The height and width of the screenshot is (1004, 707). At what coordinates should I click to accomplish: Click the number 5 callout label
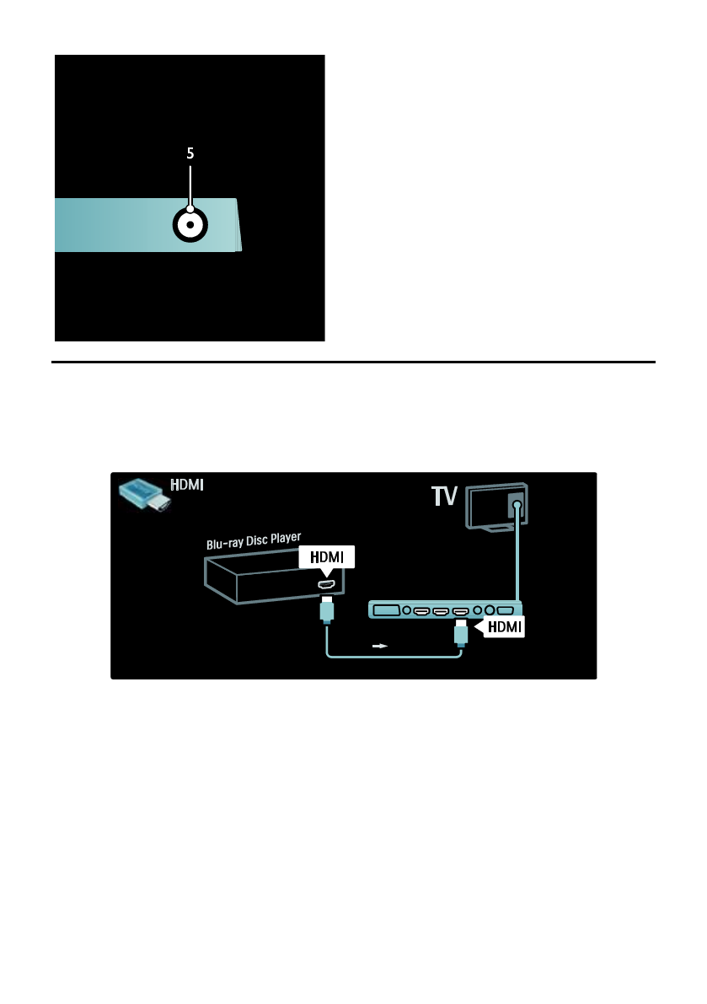click(190, 153)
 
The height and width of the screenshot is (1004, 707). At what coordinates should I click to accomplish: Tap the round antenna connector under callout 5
click(190, 225)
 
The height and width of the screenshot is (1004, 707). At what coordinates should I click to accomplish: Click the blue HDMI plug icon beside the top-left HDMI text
click(144, 497)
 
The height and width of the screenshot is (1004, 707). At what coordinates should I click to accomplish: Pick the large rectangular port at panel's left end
click(386, 609)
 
